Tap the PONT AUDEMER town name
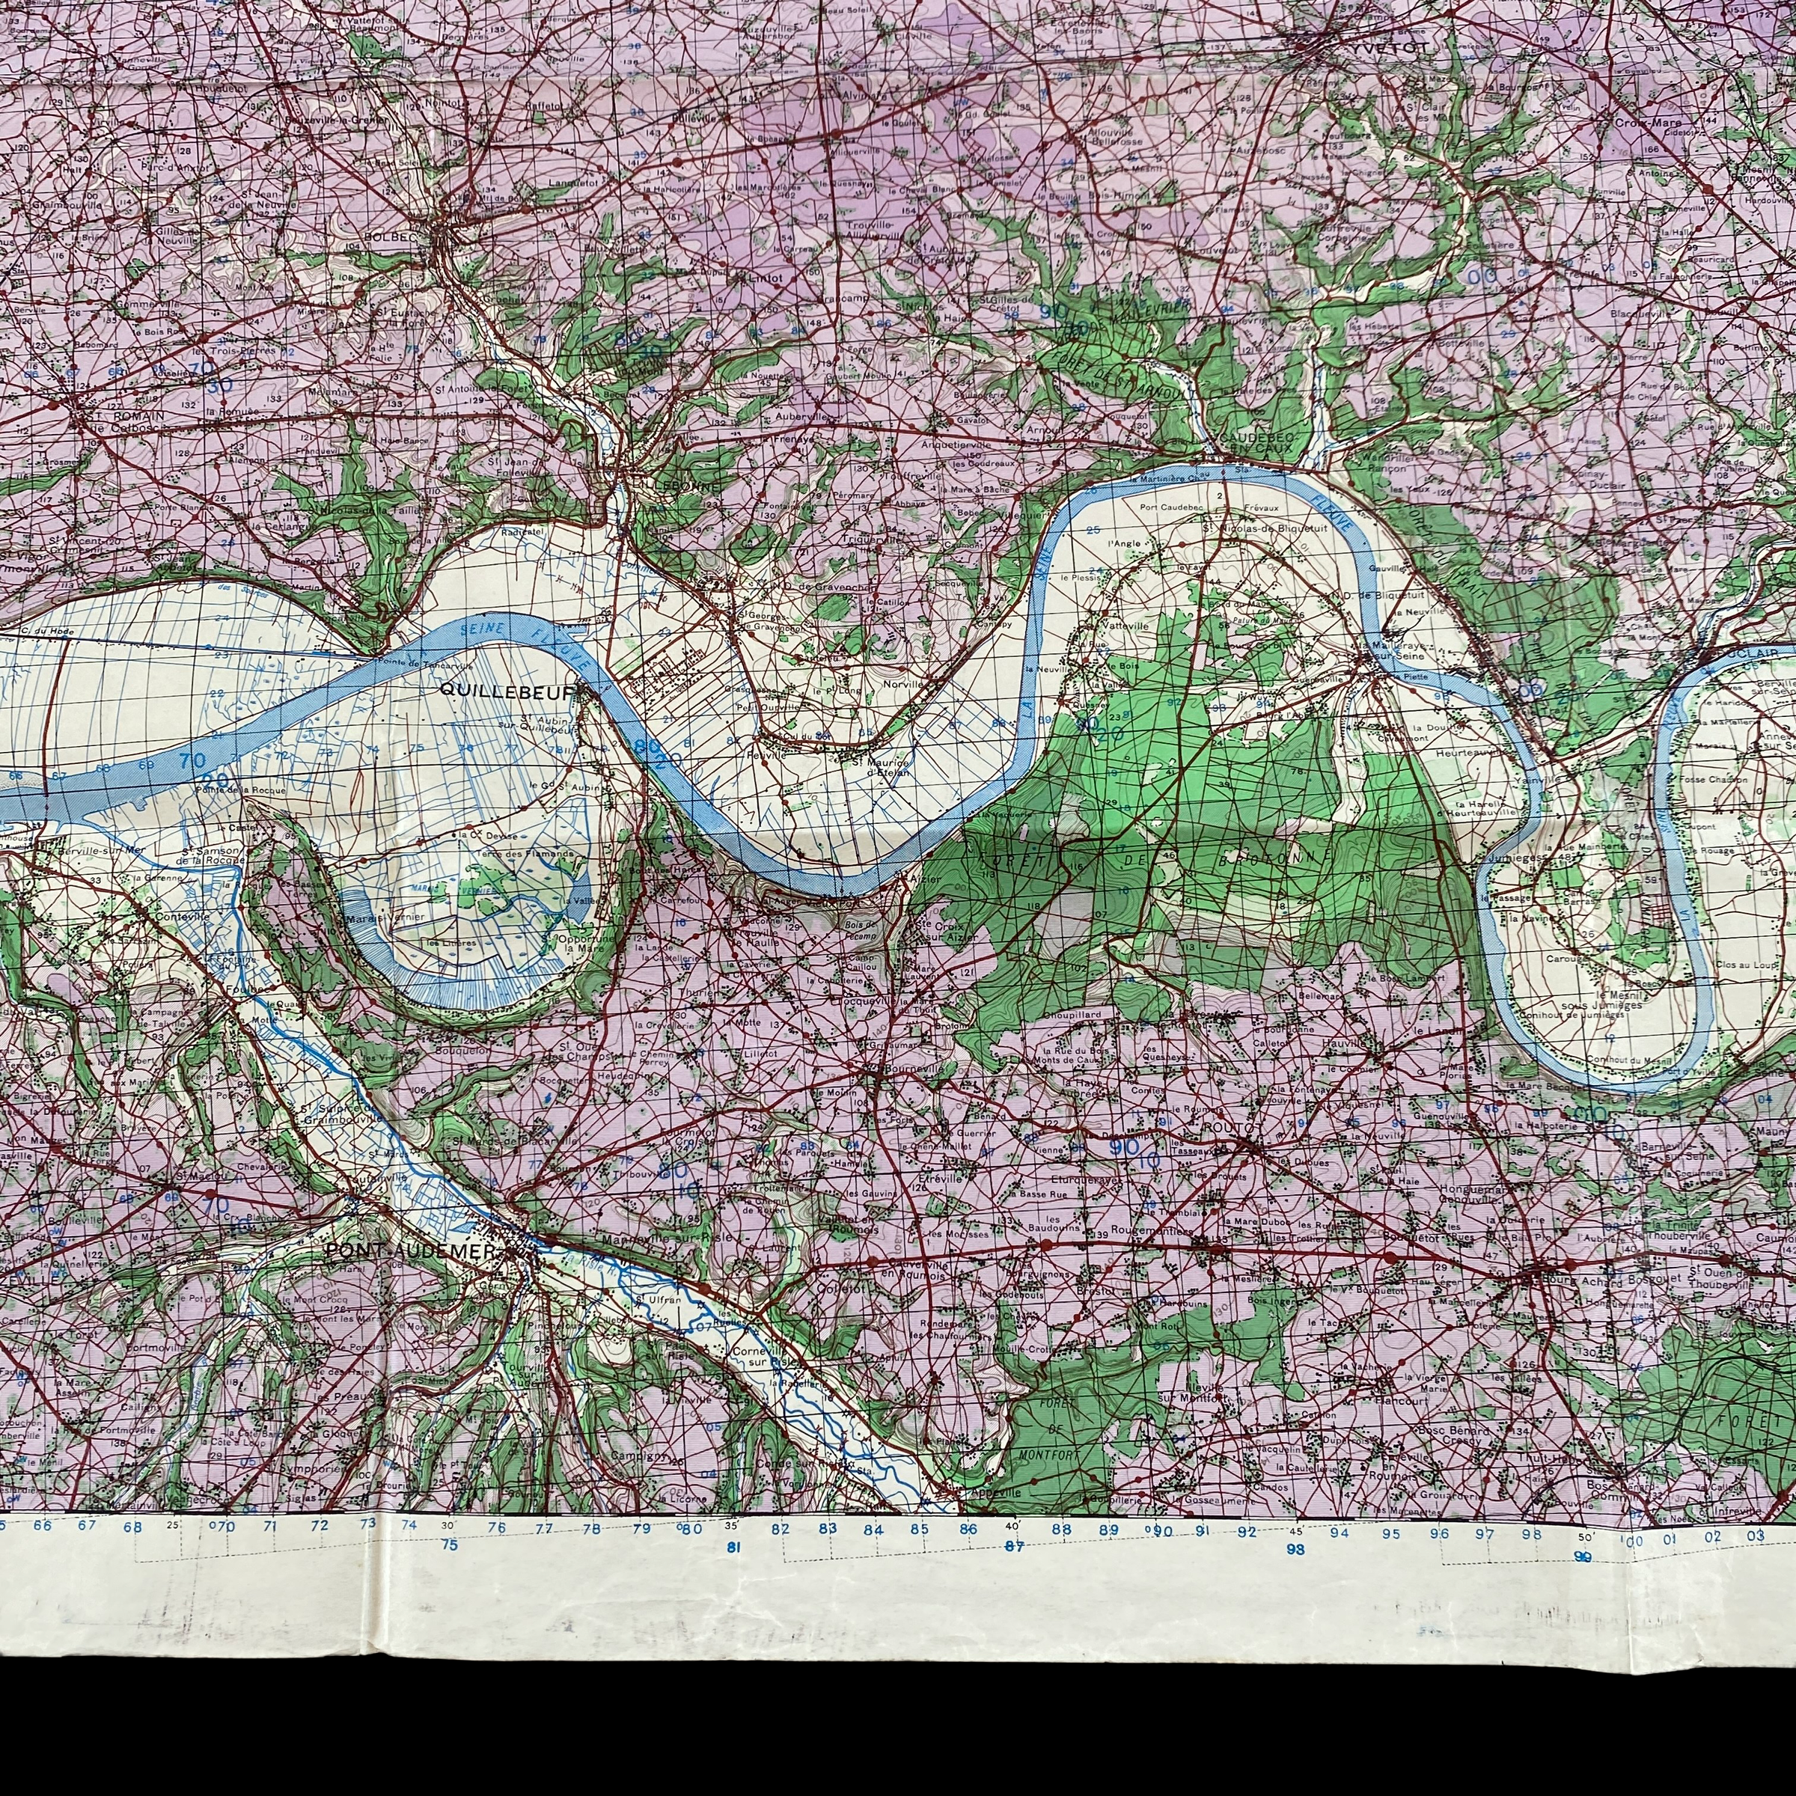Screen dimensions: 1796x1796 click(x=412, y=1252)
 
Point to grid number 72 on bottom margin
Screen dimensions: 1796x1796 click(x=320, y=1526)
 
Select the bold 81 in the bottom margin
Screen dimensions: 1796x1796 click(x=733, y=1547)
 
